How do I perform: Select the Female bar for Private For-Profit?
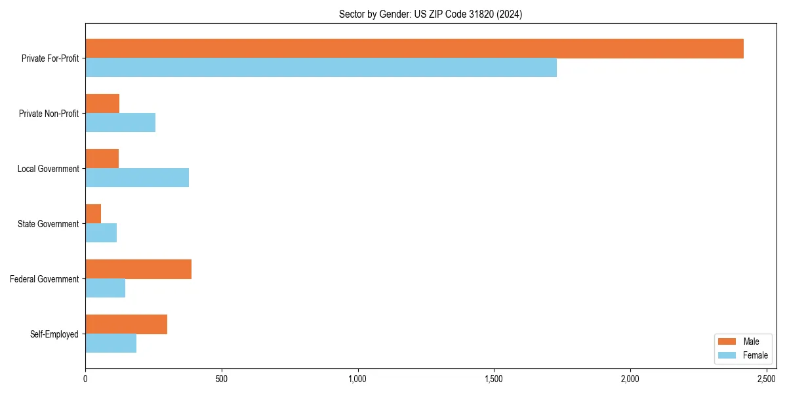coord(321,68)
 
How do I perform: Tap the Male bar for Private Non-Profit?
coord(102,104)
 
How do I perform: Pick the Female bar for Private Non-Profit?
coord(120,123)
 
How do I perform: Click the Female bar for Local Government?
coord(137,178)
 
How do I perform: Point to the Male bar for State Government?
coord(93,214)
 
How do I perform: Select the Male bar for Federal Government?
coord(138,269)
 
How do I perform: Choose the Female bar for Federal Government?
coord(105,288)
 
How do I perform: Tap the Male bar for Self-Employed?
coord(126,324)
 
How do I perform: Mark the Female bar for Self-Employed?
coord(111,343)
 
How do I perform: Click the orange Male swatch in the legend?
coord(727,341)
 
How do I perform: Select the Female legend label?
coord(755,355)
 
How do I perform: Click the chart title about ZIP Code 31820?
coord(430,14)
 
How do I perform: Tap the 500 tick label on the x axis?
coord(222,379)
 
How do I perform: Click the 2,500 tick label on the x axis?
coord(766,379)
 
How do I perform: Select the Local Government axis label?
coord(48,169)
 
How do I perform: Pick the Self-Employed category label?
coord(54,334)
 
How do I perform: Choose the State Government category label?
coord(48,224)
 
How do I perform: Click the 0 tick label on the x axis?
coord(85,379)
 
